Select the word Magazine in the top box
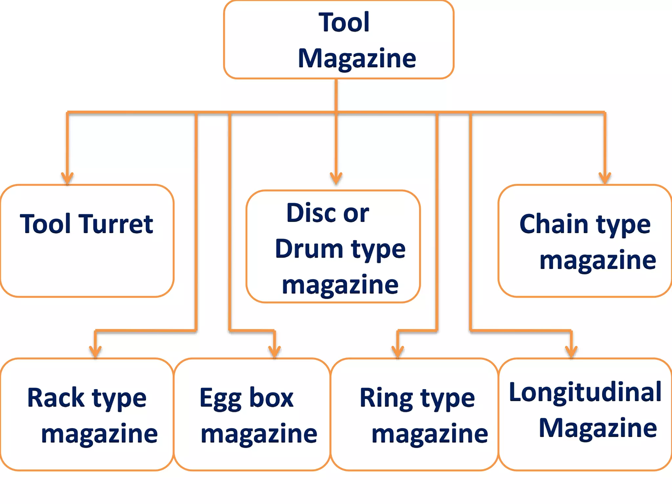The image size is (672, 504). click(357, 58)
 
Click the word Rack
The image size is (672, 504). click(56, 398)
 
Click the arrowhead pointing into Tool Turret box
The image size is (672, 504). click(67, 178)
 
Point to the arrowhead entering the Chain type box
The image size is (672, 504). click(605, 178)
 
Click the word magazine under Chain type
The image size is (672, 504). click(598, 260)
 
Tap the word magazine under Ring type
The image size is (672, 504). click(430, 434)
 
